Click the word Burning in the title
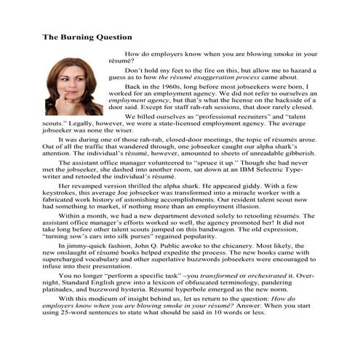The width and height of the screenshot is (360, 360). coord(81,36)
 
